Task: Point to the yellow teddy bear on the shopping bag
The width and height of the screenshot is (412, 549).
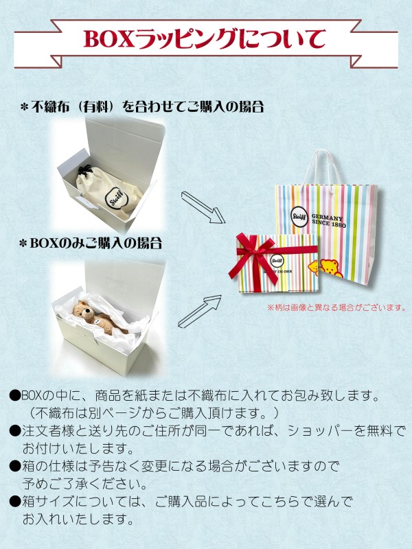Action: point(330,267)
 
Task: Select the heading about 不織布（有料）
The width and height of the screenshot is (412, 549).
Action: point(141,107)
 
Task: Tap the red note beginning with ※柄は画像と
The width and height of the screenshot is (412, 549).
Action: point(336,307)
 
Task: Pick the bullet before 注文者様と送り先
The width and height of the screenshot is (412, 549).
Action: point(14,430)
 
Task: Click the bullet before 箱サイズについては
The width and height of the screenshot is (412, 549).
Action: point(14,501)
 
